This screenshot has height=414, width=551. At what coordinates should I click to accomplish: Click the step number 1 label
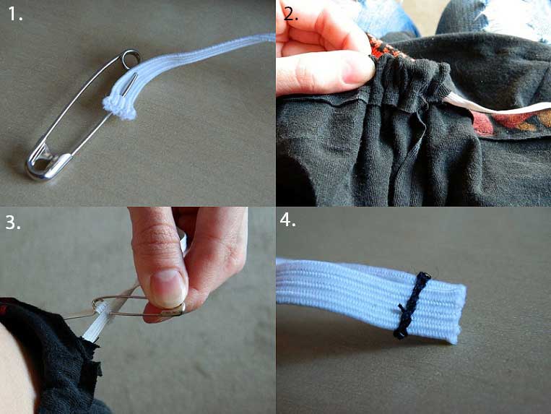pos(15,14)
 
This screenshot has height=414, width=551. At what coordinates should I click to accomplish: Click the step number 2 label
pos(290,14)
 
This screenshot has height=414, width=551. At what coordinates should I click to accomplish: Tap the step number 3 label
pos(13,222)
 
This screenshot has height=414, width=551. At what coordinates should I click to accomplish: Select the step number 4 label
pos(288,220)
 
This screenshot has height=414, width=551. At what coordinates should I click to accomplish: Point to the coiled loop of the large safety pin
pos(131,57)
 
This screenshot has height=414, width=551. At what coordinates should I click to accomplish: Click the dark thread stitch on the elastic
pos(412,306)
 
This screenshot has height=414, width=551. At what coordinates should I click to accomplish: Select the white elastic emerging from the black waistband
pos(495,108)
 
